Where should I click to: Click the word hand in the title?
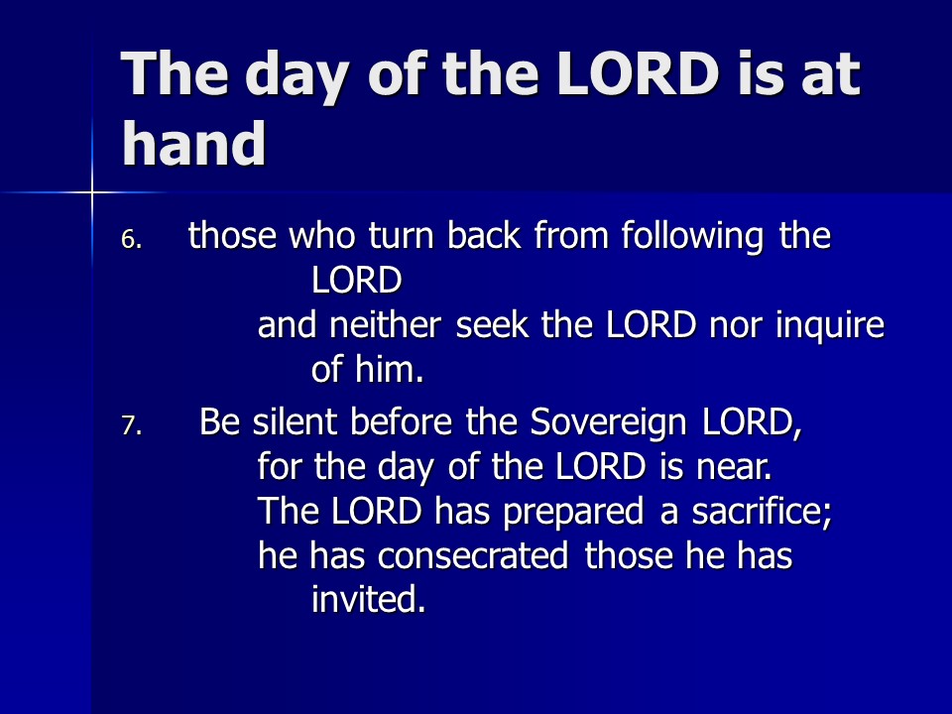[x=193, y=143]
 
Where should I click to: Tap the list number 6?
[x=131, y=240]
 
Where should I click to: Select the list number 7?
[x=131, y=425]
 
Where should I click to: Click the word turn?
[x=401, y=235]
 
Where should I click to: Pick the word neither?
[x=385, y=325]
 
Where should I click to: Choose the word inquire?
[x=830, y=326]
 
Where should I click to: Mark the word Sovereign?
[x=608, y=423]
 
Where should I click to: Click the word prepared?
[x=573, y=513]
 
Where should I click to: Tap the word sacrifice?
[x=762, y=511]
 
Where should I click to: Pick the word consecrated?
[x=473, y=555]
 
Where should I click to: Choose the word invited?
[x=368, y=599]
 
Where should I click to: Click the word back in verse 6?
[x=484, y=235]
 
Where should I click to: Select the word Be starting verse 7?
[x=219, y=421]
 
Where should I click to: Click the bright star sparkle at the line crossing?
[x=92, y=192]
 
